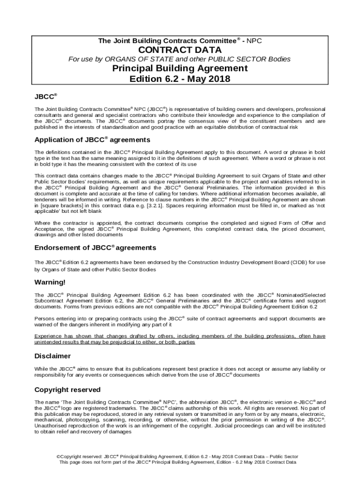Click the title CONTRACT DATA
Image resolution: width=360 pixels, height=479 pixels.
tap(180, 50)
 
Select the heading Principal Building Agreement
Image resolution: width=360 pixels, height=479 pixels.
tap(180, 68)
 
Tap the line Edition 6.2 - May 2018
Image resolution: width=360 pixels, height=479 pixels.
tap(180, 79)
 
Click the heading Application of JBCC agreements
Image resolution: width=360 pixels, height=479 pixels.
tap(92, 140)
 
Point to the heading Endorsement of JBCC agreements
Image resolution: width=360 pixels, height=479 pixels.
tap(95, 247)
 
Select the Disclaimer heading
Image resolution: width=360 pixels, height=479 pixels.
tap(52, 356)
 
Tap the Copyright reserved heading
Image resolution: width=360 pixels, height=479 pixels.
tap(67, 390)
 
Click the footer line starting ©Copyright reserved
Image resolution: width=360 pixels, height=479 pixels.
tap(177, 457)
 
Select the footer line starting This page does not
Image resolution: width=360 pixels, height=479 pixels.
tap(178, 462)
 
